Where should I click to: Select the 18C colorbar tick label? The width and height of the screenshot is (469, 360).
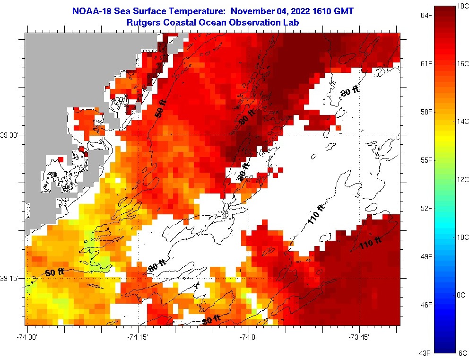pos(462,6)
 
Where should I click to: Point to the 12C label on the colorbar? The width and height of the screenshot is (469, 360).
pos(462,179)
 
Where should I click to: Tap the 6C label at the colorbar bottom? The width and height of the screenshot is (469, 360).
pos(462,353)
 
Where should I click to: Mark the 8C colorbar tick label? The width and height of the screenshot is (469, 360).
pos(462,295)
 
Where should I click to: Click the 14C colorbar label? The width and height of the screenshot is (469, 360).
pos(462,122)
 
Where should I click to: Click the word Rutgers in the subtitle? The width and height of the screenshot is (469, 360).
pos(143,22)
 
